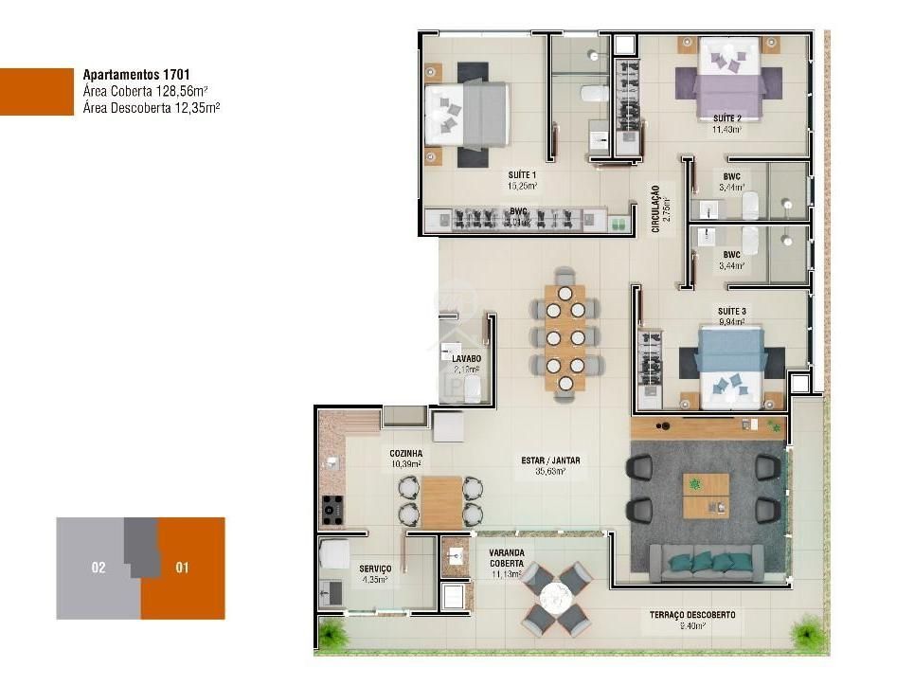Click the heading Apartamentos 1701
[137, 73]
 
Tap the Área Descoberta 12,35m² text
[152, 108]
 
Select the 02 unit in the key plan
[99, 569]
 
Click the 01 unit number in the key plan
[183, 569]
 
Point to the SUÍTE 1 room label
[521, 175]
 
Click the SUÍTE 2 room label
[726, 118]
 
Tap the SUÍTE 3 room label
[731, 311]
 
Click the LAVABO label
[465, 359]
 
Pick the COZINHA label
[405, 454]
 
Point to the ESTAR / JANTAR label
[550, 461]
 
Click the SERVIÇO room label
[375, 569]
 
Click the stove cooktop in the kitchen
[332, 509]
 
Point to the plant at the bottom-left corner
[332, 632]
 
